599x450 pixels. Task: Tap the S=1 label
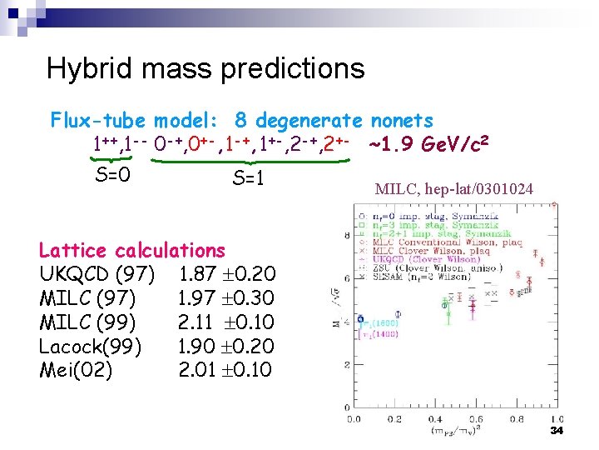click(248, 177)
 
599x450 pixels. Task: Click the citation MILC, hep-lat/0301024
click(454, 189)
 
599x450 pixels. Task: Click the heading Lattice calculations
click(132, 250)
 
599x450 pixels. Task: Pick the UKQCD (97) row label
click(97, 273)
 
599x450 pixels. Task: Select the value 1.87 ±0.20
click(226, 273)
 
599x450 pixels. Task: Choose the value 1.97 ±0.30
click(226, 297)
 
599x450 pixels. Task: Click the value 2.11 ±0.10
click(226, 322)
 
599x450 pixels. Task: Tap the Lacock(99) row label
click(91, 346)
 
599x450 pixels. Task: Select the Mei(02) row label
click(76, 370)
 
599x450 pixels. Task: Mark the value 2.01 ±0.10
click(226, 370)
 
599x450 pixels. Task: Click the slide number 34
click(557, 430)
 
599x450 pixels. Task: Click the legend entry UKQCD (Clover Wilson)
click(407, 260)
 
